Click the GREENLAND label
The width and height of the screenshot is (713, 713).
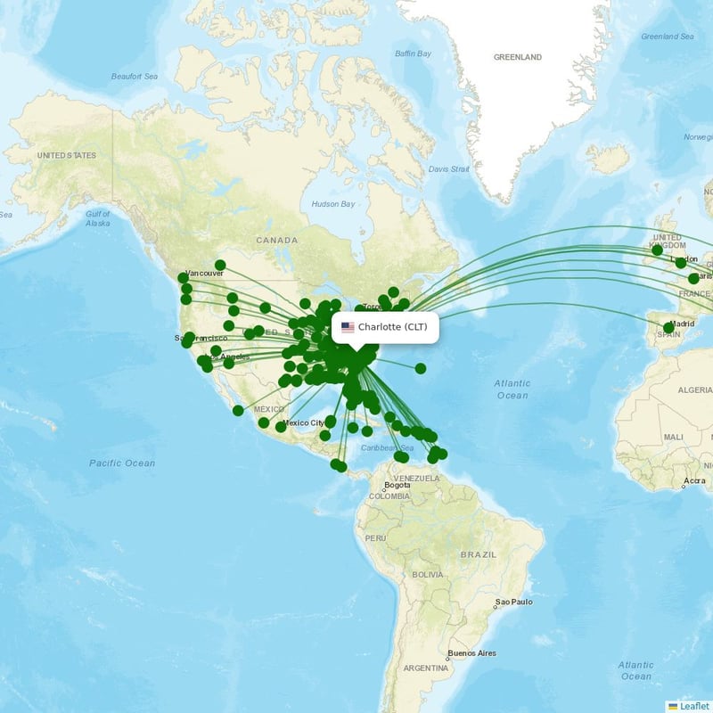coord(518,57)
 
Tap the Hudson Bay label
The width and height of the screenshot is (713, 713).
coord(332,204)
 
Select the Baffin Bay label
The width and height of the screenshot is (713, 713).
coord(413,53)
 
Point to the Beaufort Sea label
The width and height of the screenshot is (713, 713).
coord(134,77)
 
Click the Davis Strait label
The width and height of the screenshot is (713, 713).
coord(448,168)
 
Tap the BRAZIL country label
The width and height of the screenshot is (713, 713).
coord(478,554)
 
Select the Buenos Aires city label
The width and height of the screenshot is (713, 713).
coord(471,653)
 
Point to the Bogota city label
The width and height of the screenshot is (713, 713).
coord(397,487)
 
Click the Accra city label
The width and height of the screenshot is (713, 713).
coord(694,481)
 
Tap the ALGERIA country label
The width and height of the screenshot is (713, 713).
coord(694,390)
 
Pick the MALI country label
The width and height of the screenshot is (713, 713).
coord(673,437)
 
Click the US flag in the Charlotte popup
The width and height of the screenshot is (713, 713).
coord(348,327)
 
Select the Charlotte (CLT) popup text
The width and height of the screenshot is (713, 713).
coord(393,327)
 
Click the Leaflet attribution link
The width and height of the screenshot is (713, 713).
coord(694,706)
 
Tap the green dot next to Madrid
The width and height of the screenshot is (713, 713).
coord(668,328)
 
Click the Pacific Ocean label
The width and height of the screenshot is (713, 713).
coord(122,463)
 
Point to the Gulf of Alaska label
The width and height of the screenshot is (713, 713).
coord(97,218)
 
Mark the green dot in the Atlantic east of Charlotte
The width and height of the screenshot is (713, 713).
coord(421,368)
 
